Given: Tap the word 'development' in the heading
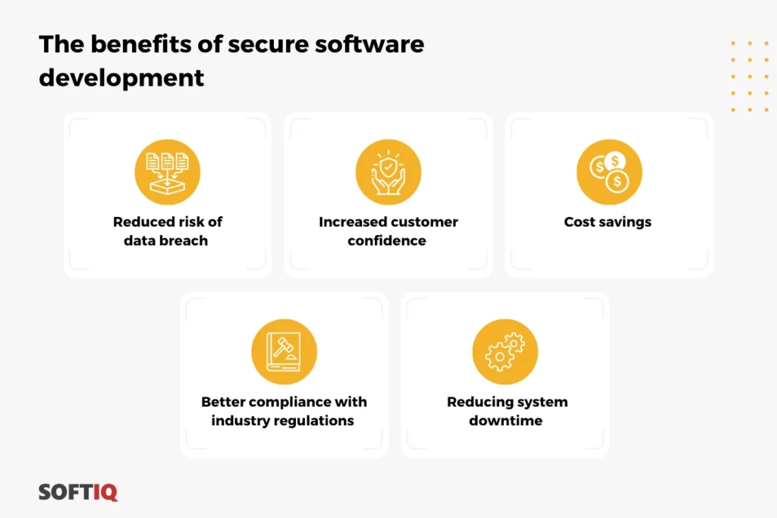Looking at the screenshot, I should pos(121,77).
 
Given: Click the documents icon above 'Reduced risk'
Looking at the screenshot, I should pos(167,171).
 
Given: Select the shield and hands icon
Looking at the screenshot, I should pos(388,171).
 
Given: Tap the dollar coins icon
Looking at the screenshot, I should pos(609,171).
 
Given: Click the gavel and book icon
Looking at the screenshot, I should pos(284,351).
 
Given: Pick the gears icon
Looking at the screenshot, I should pos(505,351).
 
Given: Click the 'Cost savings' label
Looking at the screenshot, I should pos(608,222).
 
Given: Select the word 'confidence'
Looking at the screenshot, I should pos(387,240).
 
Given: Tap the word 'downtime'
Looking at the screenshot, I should pos(505,420).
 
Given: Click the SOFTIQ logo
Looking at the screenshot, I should pos(78,491).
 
